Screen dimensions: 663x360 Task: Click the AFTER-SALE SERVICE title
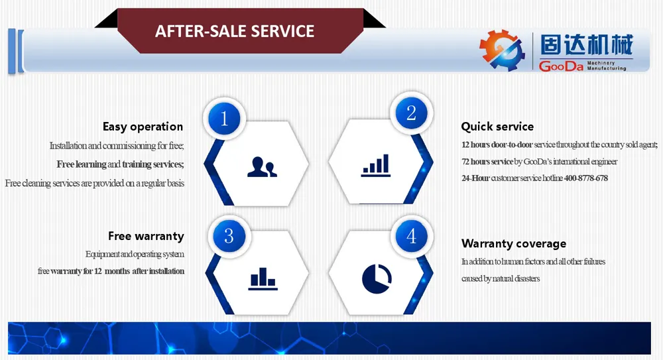tap(235, 31)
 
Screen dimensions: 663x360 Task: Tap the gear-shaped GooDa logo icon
tap(502, 50)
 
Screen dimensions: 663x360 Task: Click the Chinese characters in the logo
tap(587, 45)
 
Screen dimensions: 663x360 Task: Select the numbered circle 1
tap(224, 119)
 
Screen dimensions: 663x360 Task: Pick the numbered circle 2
tap(411, 113)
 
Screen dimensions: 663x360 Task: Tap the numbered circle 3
tap(229, 235)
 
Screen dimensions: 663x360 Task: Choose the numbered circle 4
tap(411, 235)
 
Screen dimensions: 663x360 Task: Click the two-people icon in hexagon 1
tap(262, 166)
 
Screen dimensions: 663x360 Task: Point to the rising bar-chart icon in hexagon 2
tap(376, 165)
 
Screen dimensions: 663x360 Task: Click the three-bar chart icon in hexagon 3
tap(263, 278)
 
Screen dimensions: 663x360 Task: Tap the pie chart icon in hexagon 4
tap(377, 278)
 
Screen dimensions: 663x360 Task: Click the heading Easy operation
tap(143, 127)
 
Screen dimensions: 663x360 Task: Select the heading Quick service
tap(497, 127)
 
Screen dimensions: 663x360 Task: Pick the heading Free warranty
tap(146, 235)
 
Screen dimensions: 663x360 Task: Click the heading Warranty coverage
tap(514, 244)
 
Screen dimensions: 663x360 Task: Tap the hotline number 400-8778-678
tap(585, 178)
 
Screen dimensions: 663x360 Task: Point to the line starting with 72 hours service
tap(539, 162)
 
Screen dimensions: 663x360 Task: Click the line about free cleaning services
tap(95, 183)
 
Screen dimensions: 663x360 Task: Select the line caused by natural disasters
tap(501, 278)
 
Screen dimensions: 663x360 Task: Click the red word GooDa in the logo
tap(561, 66)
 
